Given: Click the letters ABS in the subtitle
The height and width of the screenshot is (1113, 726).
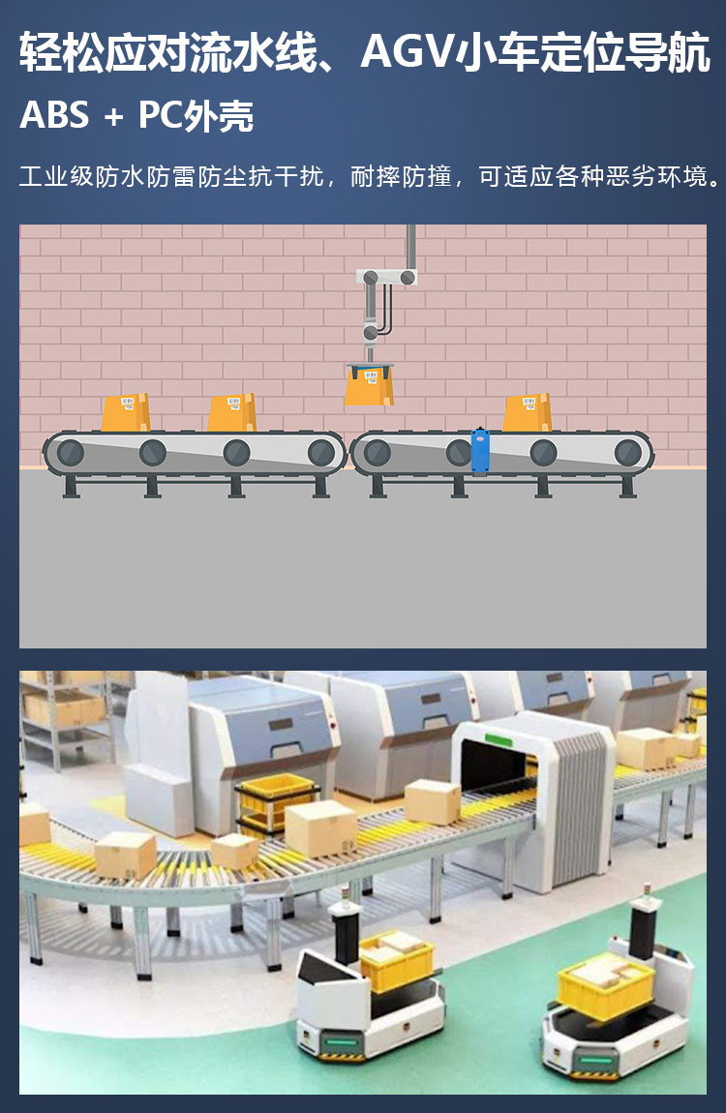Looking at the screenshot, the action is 54,115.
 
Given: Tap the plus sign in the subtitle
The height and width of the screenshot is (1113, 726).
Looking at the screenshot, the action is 113,117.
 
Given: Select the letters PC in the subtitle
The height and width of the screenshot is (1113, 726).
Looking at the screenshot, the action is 161,115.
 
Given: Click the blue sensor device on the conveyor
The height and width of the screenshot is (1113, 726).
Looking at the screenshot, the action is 480,451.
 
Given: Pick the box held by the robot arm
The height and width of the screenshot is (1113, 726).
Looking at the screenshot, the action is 369,387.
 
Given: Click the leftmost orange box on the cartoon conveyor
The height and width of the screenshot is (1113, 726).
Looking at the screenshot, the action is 126,412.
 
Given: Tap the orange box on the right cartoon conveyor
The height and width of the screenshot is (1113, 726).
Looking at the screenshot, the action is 528,412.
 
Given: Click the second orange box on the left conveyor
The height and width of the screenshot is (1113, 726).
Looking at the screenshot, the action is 231,412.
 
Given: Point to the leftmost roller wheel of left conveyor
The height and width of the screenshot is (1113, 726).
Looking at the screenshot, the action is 70,452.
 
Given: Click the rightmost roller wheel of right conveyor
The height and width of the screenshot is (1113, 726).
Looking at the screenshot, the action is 627,452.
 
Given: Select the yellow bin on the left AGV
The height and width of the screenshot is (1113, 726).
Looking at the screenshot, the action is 396,960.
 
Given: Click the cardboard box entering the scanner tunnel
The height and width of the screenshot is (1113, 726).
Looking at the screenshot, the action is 433,801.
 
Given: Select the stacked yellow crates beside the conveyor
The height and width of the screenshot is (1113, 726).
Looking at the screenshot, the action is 275,803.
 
